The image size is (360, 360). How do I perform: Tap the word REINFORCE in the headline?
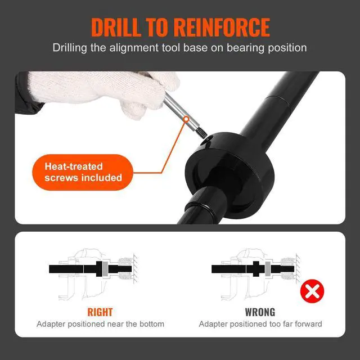(x=222, y=27)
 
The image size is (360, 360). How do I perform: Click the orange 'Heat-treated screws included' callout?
(x=83, y=172)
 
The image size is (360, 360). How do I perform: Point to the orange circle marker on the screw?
(x=186, y=119)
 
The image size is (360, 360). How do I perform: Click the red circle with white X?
(x=312, y=291)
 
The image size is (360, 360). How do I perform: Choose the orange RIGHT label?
(x=100, y=312)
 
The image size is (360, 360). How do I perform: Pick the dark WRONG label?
(x=260, y=312)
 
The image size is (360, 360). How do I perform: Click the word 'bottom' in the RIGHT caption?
(x=152, y=324)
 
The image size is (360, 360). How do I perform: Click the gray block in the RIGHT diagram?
(x=105, y=269)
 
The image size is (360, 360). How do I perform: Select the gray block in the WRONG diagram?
(x=268, y=269)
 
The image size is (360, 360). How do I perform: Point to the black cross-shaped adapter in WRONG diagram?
(x=256, y=269)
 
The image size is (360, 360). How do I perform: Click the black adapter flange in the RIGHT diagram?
(x=99, y=269)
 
